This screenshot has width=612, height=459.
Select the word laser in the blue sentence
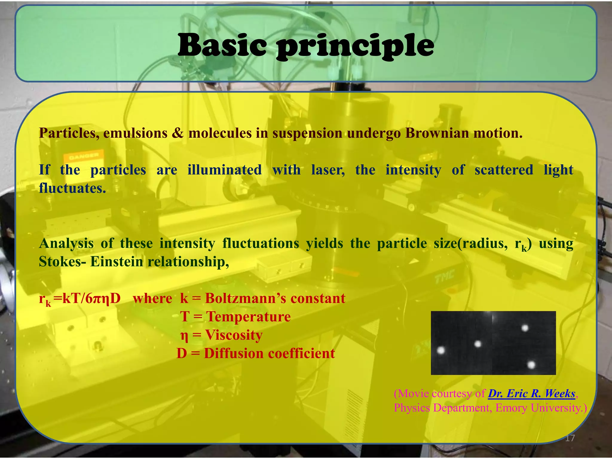point(328,170)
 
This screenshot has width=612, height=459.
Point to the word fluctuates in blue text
point(72,188)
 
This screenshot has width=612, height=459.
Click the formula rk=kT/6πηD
point(80,299)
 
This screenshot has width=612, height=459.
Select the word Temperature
point(248,316)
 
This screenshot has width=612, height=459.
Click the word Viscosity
point(234,335)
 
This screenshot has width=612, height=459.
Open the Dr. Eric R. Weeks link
point(532,394)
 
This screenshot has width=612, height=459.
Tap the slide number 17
point(570,438)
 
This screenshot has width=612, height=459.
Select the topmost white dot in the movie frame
point(525,328)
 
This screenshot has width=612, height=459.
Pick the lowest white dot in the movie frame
point(531,365)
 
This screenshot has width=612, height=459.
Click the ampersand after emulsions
point(178,133)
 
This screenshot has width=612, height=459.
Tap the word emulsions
point(135,133)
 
